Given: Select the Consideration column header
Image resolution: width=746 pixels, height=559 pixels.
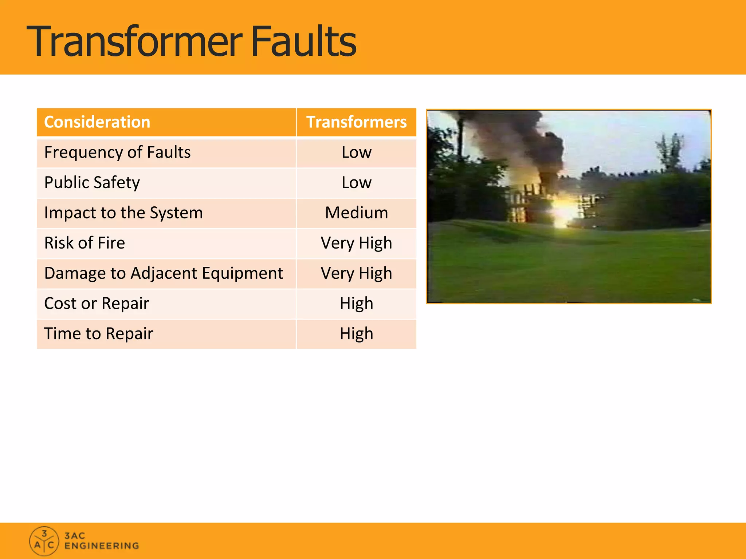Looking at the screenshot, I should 97,122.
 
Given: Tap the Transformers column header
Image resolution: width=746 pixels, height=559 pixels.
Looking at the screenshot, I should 356,122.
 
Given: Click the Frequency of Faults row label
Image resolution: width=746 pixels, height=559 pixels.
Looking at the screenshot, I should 117,152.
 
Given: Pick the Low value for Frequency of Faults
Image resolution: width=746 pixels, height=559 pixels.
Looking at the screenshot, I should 356,152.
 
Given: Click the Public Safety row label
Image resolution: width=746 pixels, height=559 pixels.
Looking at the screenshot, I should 92,182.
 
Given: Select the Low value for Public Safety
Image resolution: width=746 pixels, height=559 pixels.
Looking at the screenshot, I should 356,182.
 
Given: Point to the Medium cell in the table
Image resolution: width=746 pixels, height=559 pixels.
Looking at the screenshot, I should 356,213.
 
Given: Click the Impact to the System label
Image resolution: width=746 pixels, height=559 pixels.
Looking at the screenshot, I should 123,213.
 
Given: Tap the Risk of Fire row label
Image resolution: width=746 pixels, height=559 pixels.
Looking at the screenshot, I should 85,243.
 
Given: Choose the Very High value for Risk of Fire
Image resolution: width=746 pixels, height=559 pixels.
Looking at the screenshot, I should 356,243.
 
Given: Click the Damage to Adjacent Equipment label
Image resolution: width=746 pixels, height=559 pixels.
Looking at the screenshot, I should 164,273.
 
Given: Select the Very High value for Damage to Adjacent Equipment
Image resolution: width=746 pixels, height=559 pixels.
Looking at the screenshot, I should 356,273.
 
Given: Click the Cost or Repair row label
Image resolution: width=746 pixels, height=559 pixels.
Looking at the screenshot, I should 97,303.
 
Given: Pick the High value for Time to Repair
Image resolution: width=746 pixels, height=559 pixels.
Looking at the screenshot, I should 356,333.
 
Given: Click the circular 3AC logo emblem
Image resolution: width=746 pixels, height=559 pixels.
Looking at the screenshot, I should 44,541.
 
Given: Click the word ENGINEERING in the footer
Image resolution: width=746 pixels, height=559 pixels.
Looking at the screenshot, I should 102,546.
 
